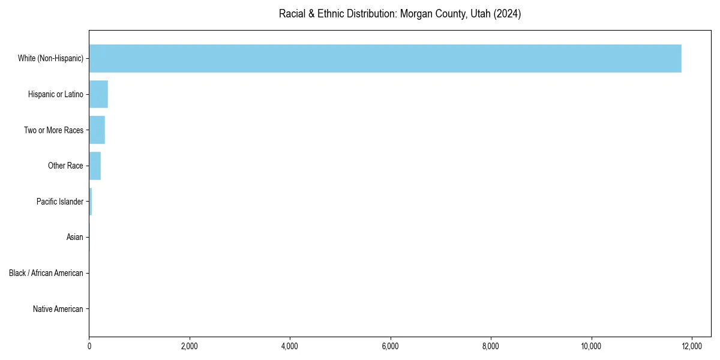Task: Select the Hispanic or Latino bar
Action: click(x=98, y=94)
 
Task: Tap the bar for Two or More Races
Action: click(x=97, y=130)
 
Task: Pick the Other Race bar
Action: click(x=95, y=166)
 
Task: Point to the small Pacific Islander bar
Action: click(x=91, y=202)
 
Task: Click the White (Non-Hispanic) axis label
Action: click(x=50, y=58)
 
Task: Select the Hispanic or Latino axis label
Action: click(x=56, y=94)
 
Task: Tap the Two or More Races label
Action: click(x=53, y=130)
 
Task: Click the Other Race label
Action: click(x=65, y=166)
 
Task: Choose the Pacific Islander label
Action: click(x=60, y=202)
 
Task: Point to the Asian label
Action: click(x=74, y=238)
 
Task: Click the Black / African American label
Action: click(x=46, y=273)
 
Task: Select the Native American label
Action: click(x=58, y=309)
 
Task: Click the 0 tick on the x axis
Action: click(x=89, y=346)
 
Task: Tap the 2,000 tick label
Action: click(x=190, y=346)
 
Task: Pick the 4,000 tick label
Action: click(x=290, y=346)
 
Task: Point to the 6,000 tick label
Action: click(x=391, y=346)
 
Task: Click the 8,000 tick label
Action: click(x=491, y=346)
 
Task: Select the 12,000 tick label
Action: click(x=692, y=346)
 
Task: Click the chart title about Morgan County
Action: click(x=400, y=14)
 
